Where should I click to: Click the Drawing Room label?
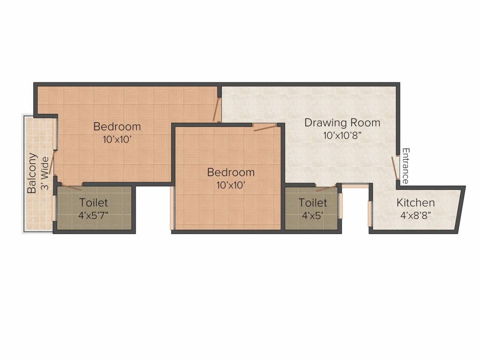coord(342,123)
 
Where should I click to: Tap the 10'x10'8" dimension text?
coord(342,136)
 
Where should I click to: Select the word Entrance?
coord(406,166)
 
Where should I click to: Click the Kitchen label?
coord(415,203)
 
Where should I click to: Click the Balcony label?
coord(32,173)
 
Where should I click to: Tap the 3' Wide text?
coord(45,173)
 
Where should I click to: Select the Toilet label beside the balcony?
coord(94,203)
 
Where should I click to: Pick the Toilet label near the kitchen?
coord(313,203)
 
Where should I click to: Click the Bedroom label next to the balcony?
coord(117,127)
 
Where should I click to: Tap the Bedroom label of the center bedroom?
coord(231,172)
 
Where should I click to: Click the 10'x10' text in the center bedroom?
coord(231,185)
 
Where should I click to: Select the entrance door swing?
coord(395,168)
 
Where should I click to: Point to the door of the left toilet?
coord(70,187)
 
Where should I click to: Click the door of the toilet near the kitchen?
coord(326,188)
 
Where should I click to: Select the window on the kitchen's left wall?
coord(370,213)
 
